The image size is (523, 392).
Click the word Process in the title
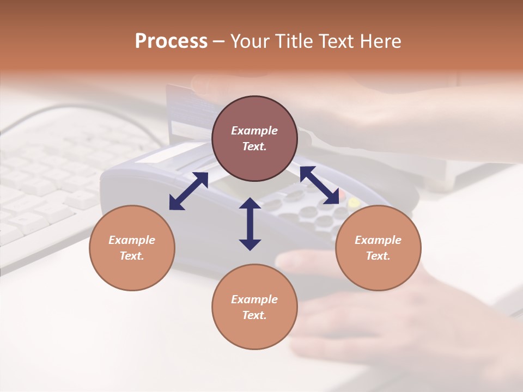171,41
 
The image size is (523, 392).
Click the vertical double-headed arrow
250,224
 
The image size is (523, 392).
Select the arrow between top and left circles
188,191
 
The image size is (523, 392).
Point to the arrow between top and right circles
320,185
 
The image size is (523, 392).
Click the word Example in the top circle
254,131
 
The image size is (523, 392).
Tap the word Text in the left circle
132,256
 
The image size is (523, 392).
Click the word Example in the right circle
378,240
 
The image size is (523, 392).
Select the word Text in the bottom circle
254,315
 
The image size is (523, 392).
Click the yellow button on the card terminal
354,203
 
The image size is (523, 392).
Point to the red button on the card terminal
342,194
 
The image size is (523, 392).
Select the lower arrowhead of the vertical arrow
250,244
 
